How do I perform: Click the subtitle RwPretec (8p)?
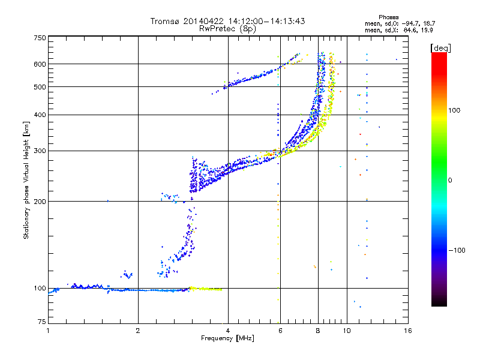227,29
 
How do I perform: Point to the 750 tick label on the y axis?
40,38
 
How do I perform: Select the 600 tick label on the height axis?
40,64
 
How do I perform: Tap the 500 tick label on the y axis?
40,87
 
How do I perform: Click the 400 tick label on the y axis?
40,115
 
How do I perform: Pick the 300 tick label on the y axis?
40,151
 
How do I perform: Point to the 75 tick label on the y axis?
42,322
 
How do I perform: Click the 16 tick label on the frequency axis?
408,331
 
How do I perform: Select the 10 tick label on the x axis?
347,331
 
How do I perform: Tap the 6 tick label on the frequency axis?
280,331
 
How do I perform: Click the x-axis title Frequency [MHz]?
227,338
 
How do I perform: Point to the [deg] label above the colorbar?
440,48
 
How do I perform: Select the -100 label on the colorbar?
457,250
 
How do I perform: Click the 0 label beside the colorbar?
450,180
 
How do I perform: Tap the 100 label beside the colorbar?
454,110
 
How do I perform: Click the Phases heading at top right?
388,17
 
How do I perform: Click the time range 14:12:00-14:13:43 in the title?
266,21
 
